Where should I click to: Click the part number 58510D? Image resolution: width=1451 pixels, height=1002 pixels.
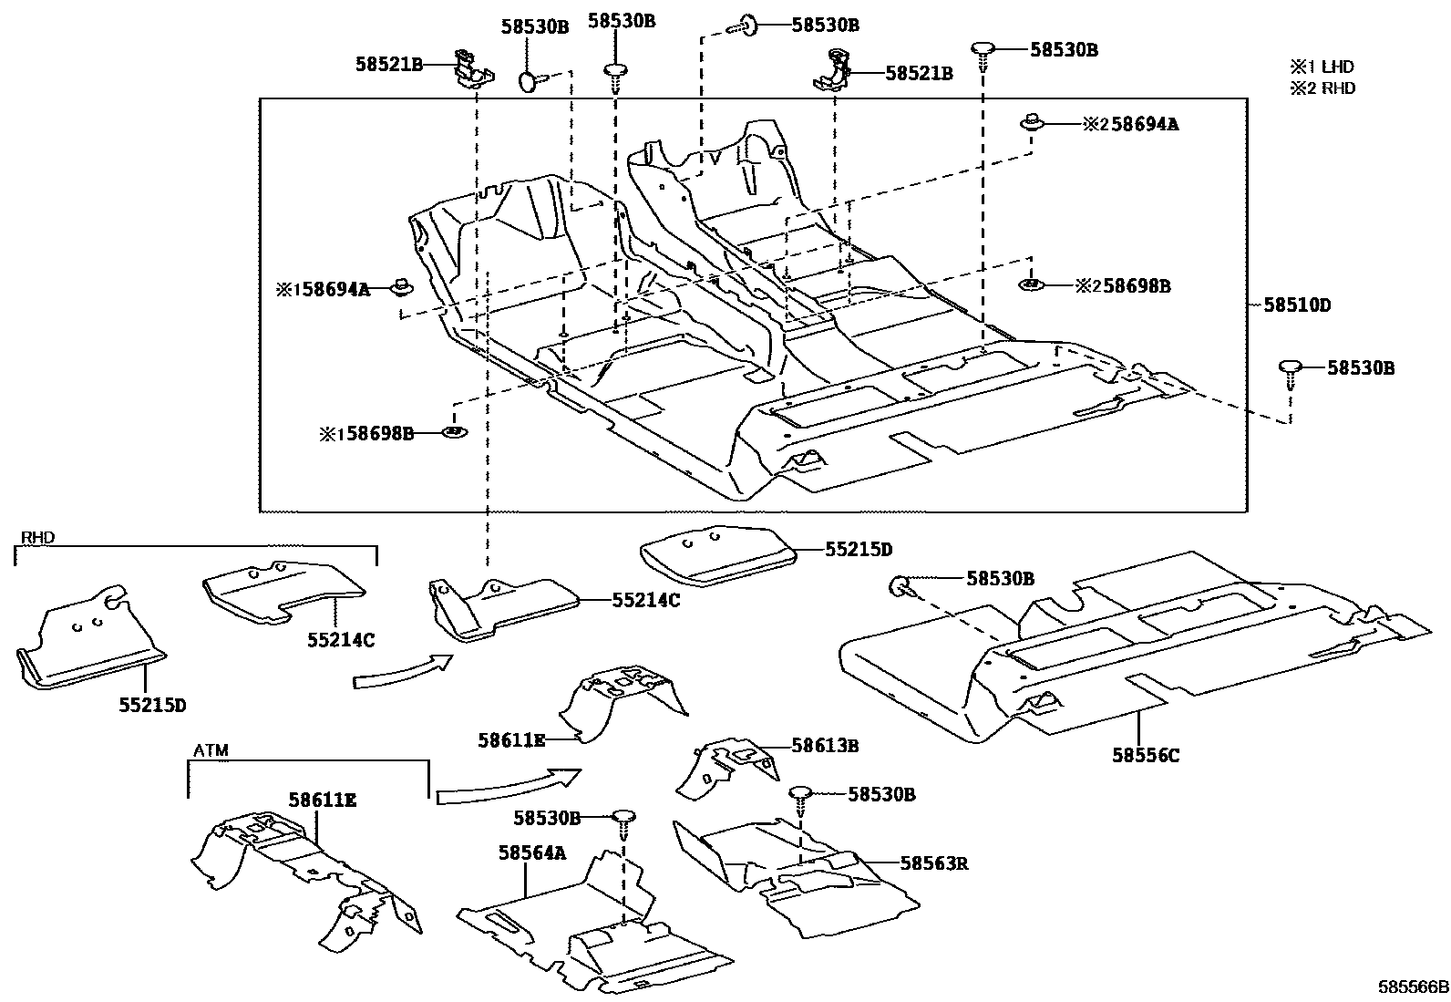pyautogui.click(x=1296, y=305)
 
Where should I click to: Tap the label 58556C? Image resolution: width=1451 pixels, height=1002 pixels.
pyautogui.click(x=1146, y=755)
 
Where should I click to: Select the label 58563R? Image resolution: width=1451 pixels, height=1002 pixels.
pyautogui.click(x=933, y=863)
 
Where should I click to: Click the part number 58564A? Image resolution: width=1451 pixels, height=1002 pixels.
pyautogui.click(x=532, y=852)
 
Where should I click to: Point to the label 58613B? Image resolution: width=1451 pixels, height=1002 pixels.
pyautogui.click(x=825, y=746)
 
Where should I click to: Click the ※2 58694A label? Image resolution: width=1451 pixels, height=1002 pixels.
pyautogui.click(x=1130, y=124)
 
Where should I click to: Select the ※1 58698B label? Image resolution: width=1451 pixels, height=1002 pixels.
pyautogui.click(x=366, y=434)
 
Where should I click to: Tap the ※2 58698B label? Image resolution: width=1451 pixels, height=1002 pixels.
pyautogui.click(x=1123, y=285)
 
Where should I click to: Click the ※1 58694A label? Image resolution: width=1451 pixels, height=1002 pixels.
pyautogui.click(x=324, y=290)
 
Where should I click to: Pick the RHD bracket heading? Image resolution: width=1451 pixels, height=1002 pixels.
pyautogui.click(x=36, y=538)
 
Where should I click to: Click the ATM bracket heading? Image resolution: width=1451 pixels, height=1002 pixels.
pyautogui.click(x=211, y=751)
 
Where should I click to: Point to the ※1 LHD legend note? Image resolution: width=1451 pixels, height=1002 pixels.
pyautogui.click(x=1322, y=67)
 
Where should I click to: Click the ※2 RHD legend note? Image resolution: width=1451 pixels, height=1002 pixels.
pyautogui.click(x=1322, y=88)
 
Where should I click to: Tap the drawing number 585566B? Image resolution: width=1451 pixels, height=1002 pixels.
pyautogui.click(x=1412, y=987)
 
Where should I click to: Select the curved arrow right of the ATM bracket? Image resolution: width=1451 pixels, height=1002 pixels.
pyautogui.click(x=507, y=785)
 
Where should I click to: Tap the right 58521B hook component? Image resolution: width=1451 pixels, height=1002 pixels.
pyautogui.click(x=833, y=73)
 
